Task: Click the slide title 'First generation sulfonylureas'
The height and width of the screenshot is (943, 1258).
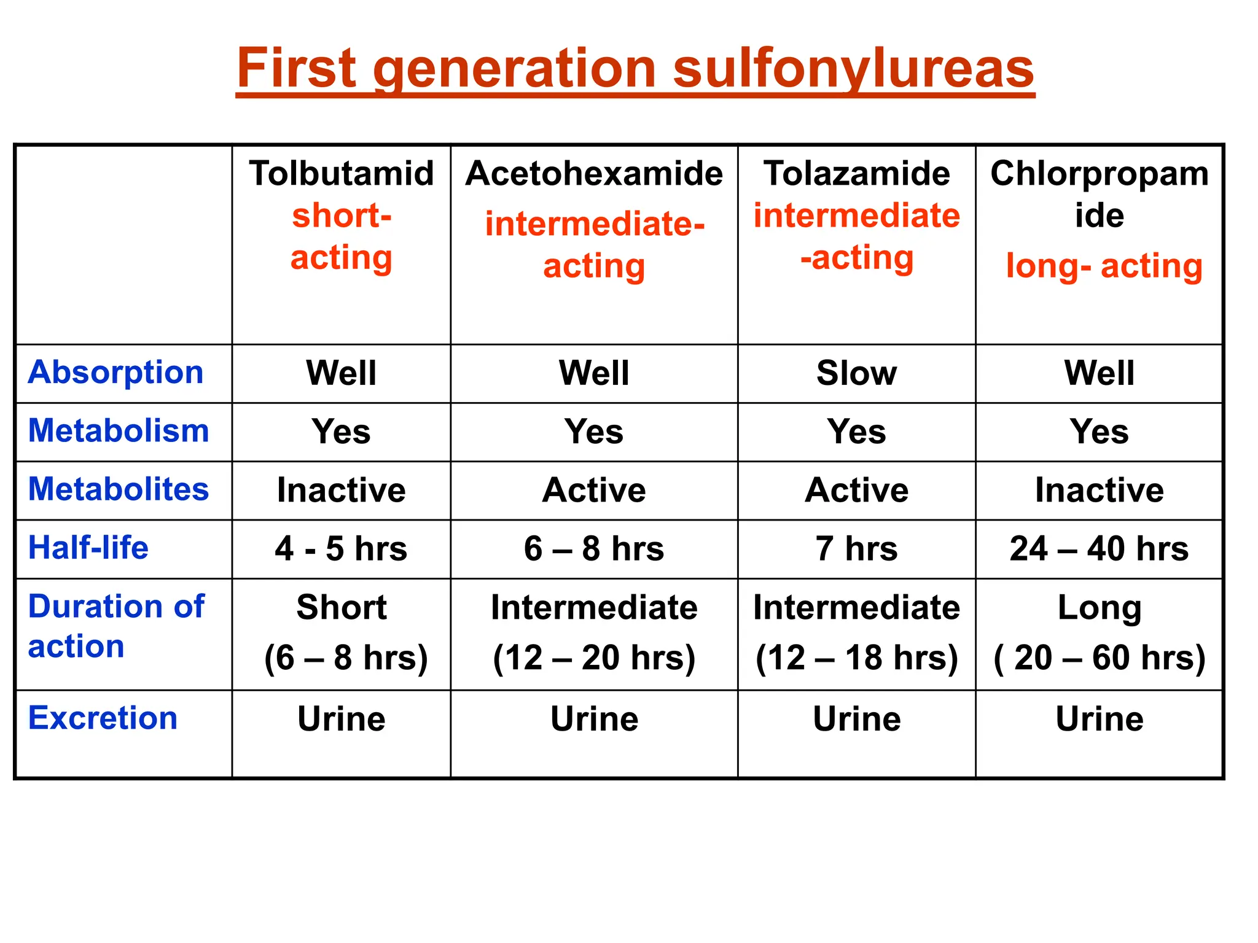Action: (635, 69)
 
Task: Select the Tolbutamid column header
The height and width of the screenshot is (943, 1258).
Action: (342, 174)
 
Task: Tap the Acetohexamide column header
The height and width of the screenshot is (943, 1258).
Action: (594, 174)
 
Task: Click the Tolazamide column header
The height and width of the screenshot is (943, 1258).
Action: (856, 174)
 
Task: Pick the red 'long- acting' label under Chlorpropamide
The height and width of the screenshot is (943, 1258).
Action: (1104, 266)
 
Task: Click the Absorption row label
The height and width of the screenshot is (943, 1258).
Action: (115, 373)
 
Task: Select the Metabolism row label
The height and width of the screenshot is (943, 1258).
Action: (119, 431)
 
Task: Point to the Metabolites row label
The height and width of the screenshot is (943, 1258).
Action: (119, 489)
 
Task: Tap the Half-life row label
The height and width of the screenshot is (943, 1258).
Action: (88, 548)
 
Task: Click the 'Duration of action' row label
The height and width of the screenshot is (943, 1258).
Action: (115, 626)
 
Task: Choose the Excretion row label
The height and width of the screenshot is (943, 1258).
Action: (103, 718)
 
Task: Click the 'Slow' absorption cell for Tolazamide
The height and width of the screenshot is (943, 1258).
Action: (856, 373)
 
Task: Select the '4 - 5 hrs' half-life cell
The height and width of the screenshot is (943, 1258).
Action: (341, 548)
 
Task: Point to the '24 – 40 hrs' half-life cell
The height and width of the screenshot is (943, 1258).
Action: (1099, 548)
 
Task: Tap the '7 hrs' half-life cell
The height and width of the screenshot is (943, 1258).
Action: (856, 548)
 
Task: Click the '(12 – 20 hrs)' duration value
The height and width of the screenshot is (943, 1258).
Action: (594, 658)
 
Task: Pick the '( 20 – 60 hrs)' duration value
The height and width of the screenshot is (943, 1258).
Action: (1099, 658)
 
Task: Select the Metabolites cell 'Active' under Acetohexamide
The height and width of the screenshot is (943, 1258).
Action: (594, 490)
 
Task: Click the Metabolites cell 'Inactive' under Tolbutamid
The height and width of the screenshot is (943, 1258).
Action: (341, 490)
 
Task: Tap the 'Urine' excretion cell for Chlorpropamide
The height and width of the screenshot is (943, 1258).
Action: (1099, 719)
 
